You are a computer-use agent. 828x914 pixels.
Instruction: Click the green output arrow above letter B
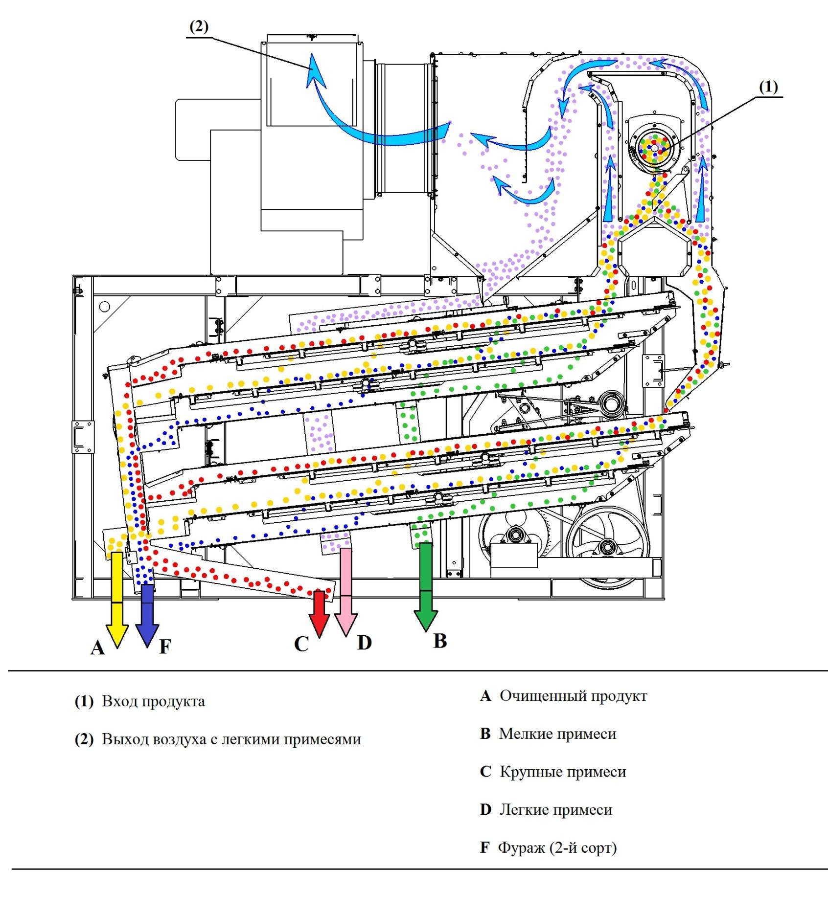(x=426, y=587)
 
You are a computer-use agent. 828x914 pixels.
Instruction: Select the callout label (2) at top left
(x=199, y=27)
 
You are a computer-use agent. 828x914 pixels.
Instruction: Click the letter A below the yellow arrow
(x=98, y=648)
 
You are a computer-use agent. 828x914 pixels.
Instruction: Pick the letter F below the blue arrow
(x=165, y=647)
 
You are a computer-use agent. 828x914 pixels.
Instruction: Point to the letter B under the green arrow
(x=440, y=641)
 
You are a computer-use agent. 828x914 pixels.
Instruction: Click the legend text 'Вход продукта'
(x=153, y=701)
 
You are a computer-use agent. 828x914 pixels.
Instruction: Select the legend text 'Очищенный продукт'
(x=573, y=696)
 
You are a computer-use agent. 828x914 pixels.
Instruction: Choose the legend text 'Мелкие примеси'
(x=557, y=734)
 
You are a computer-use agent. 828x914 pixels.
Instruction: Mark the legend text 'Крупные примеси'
(x=563, y=772)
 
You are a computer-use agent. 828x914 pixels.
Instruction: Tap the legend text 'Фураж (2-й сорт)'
(x=557, y=847)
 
